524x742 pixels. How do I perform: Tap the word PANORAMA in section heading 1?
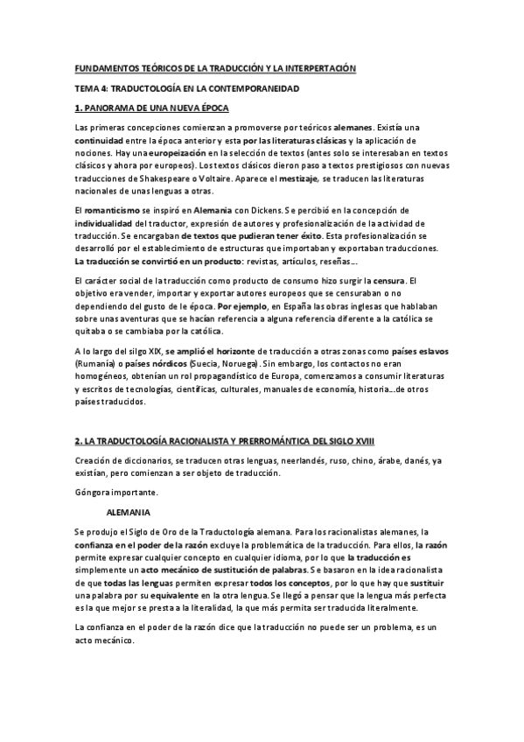pyautogui.click(x=111, y=108)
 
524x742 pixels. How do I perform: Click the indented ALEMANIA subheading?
pyautogui.click(x=129, y=510)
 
